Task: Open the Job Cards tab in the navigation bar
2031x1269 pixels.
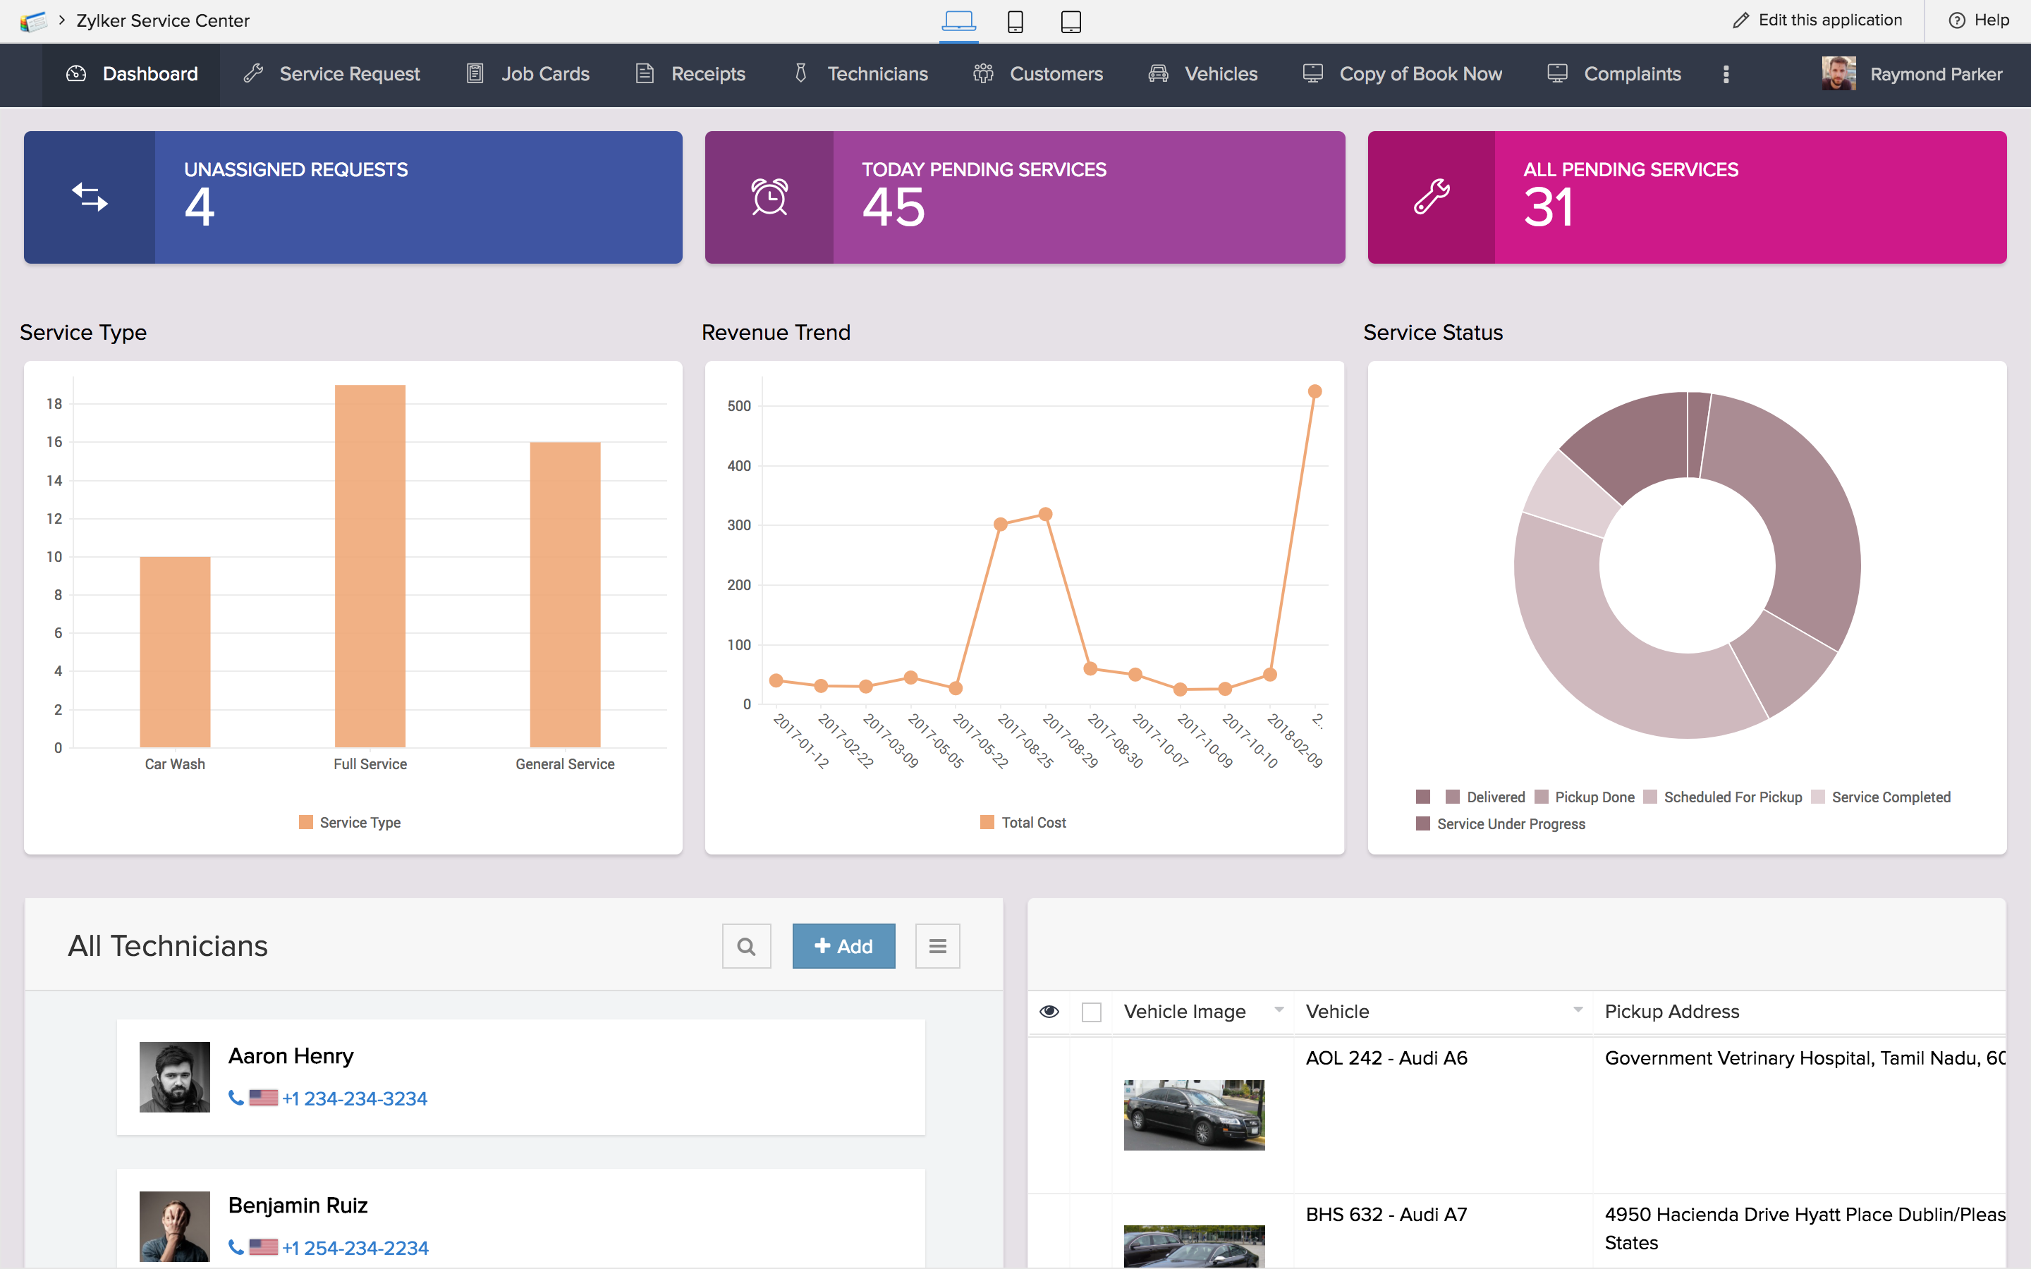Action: point(530,74)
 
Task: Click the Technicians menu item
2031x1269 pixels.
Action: point(862,74)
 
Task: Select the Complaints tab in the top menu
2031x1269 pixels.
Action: point(1615,74)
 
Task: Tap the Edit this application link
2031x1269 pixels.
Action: point(1817,20)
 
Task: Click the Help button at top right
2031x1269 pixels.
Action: point(1979,20)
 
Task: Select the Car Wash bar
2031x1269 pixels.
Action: point(175,651)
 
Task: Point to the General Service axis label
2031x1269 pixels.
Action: point(565,764)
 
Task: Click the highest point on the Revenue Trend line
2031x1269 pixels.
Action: point(1315,391)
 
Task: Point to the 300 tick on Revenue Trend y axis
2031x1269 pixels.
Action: point(738,525)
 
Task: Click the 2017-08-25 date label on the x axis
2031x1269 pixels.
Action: point(1025,741)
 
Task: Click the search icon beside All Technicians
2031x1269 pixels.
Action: point(746,947)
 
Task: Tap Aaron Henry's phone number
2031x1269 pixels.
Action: point(354,1098)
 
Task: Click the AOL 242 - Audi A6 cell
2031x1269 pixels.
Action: point(1386,1058)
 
